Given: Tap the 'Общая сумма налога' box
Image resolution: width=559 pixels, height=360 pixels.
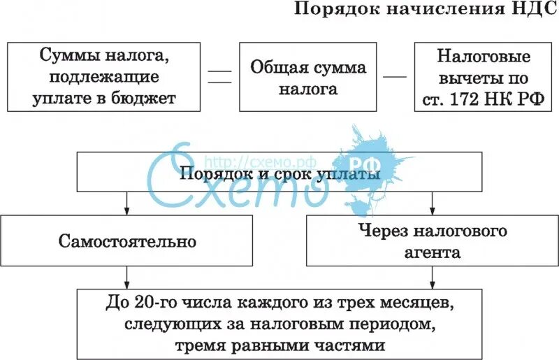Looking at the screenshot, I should click(308, 78).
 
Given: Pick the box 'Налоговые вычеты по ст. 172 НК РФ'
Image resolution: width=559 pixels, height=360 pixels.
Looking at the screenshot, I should click(484, 77).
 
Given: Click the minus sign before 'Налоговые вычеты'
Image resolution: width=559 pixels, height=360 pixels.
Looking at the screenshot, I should click(396, 75).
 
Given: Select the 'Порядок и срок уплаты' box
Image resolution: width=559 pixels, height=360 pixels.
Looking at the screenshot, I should click(279, 173).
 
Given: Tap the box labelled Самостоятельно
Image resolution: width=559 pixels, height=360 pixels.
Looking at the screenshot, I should click(126, 241).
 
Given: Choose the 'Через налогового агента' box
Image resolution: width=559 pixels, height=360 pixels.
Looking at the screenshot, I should click(433, 241).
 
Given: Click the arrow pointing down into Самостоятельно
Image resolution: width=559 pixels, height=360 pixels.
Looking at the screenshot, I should click(126, 203).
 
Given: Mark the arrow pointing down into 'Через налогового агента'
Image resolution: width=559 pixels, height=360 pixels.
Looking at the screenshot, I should click(433, 203).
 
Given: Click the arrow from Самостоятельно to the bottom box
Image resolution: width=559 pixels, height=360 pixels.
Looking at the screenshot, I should click(126, 277).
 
